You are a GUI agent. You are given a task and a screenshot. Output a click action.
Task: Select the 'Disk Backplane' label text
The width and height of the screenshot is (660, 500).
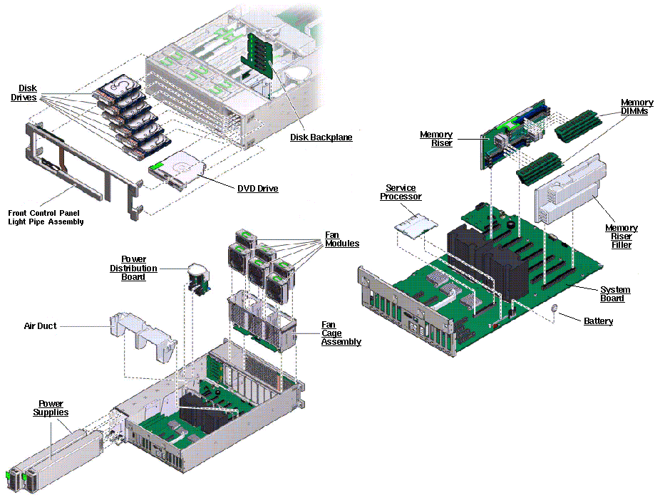pyautogui.click(x=321, y=137)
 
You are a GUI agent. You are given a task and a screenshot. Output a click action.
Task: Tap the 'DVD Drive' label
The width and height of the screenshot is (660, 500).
pyautogui.click(x=257, y=189)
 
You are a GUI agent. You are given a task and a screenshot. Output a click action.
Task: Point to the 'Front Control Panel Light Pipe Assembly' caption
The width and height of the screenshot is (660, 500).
pyautogui.click(x=46, y=217)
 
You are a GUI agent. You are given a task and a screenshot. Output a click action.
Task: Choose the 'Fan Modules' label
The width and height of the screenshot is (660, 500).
pyautogui.click(x=341, y=239)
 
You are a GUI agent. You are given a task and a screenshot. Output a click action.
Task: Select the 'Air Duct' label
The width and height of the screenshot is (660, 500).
pyautogui.click(x=40, y=325)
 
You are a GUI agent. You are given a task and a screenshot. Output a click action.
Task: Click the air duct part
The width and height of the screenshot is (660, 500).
pyautogui.click(x=143, y=335)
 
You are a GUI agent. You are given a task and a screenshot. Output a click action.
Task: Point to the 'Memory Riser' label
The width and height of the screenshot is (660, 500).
pyautogui.click(x=435, y=139)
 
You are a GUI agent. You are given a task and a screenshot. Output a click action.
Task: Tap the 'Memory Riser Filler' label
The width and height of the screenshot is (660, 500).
pyautogui.click(x=621, y=236)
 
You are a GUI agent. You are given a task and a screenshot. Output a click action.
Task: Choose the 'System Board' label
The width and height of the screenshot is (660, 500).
pyautogui.click(x=614, y=293)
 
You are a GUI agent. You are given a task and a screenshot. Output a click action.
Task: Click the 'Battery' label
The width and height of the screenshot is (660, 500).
pyautogui.click(x=598, y=321)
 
